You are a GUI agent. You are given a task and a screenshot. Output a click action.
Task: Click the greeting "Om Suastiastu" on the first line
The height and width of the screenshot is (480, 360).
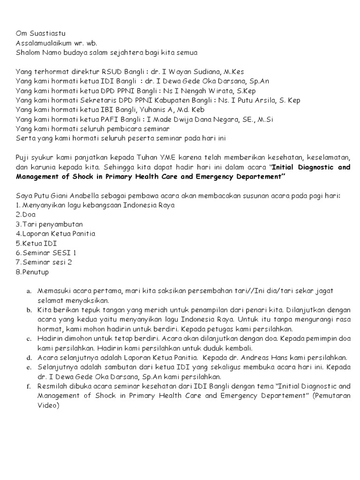[41, 33]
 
